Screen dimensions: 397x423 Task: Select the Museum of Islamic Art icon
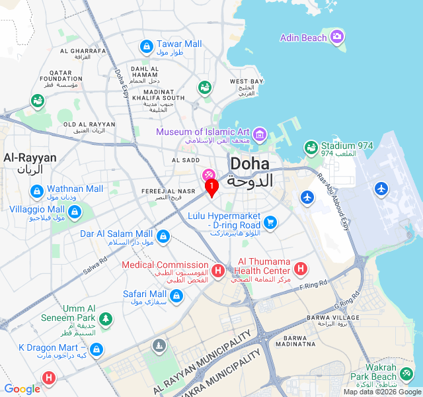[x=259, y=136]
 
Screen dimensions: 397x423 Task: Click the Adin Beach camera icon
[x=337, y=37]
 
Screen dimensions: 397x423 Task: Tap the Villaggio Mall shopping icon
[x=75, y=212]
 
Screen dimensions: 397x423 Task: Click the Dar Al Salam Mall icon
[x=163, y=236]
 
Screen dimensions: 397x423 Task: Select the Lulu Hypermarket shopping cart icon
[x=270, y=222]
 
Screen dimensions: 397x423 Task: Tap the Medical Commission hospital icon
[x=218, y=271]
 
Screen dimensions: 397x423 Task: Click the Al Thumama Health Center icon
[x=300, y=269]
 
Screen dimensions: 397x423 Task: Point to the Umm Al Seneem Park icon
[x=105, y=320]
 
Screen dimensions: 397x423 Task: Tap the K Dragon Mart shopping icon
[x=96, y=349]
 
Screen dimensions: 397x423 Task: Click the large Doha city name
[x=249, y=165]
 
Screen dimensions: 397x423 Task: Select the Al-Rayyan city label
[x=30, y=157]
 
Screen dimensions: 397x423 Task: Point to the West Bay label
[x=247, y=81]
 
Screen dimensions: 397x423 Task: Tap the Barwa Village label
[x=333, y=318]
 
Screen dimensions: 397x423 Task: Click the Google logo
[x=22, y=389]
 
